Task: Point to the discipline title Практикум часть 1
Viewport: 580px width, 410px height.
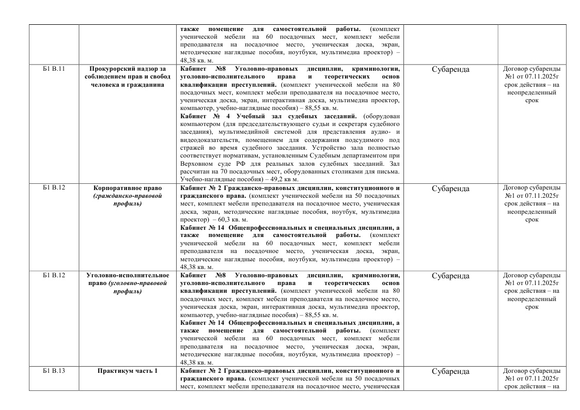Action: coord(127,371)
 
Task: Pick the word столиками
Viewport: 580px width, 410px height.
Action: coord(323,171)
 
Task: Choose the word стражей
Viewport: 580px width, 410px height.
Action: coord(193,148)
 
